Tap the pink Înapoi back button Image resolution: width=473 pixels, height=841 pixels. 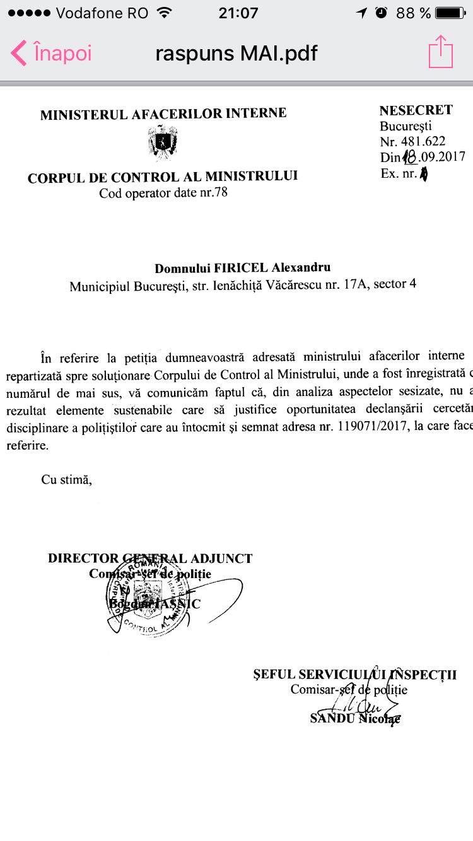tap(52, 53)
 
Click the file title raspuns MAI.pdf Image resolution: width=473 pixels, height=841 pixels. tap(237, 53)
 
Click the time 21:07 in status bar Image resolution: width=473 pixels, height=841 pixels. tap(238, 13)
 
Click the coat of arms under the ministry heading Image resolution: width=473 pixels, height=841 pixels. tap(163, 142)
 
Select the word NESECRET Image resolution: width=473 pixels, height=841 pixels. tap(416, 110)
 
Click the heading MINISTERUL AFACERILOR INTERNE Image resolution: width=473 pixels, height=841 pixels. tap(163, 114)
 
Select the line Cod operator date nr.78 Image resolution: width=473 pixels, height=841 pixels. tap(163, 193)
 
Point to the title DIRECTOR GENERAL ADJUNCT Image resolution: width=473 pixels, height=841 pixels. tap(150, 558)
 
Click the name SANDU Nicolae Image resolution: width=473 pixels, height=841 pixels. tap(355, 719)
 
